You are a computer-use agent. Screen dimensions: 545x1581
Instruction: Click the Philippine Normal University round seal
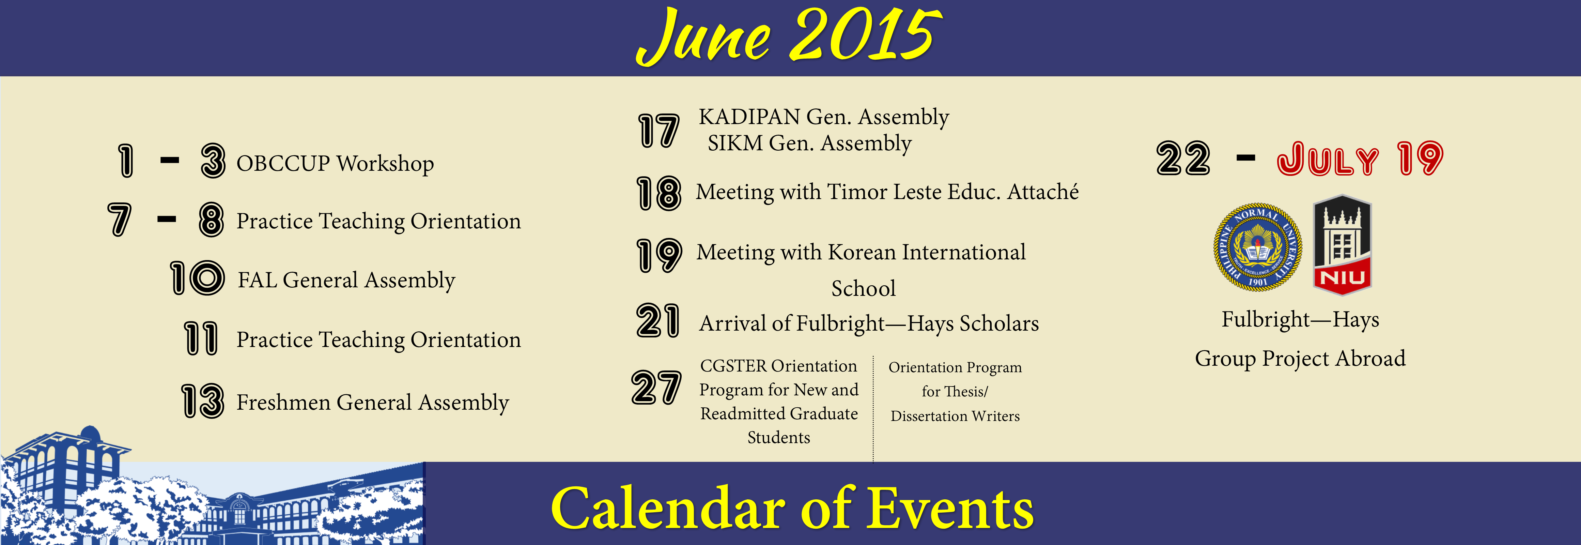1258,247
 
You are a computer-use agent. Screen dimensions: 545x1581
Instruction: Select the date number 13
203,401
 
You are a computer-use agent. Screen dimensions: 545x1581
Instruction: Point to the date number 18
658,193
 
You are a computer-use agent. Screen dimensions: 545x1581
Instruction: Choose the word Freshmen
283,403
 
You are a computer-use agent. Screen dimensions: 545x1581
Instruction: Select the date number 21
658,321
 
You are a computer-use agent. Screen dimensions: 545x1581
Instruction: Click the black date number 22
1183,158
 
